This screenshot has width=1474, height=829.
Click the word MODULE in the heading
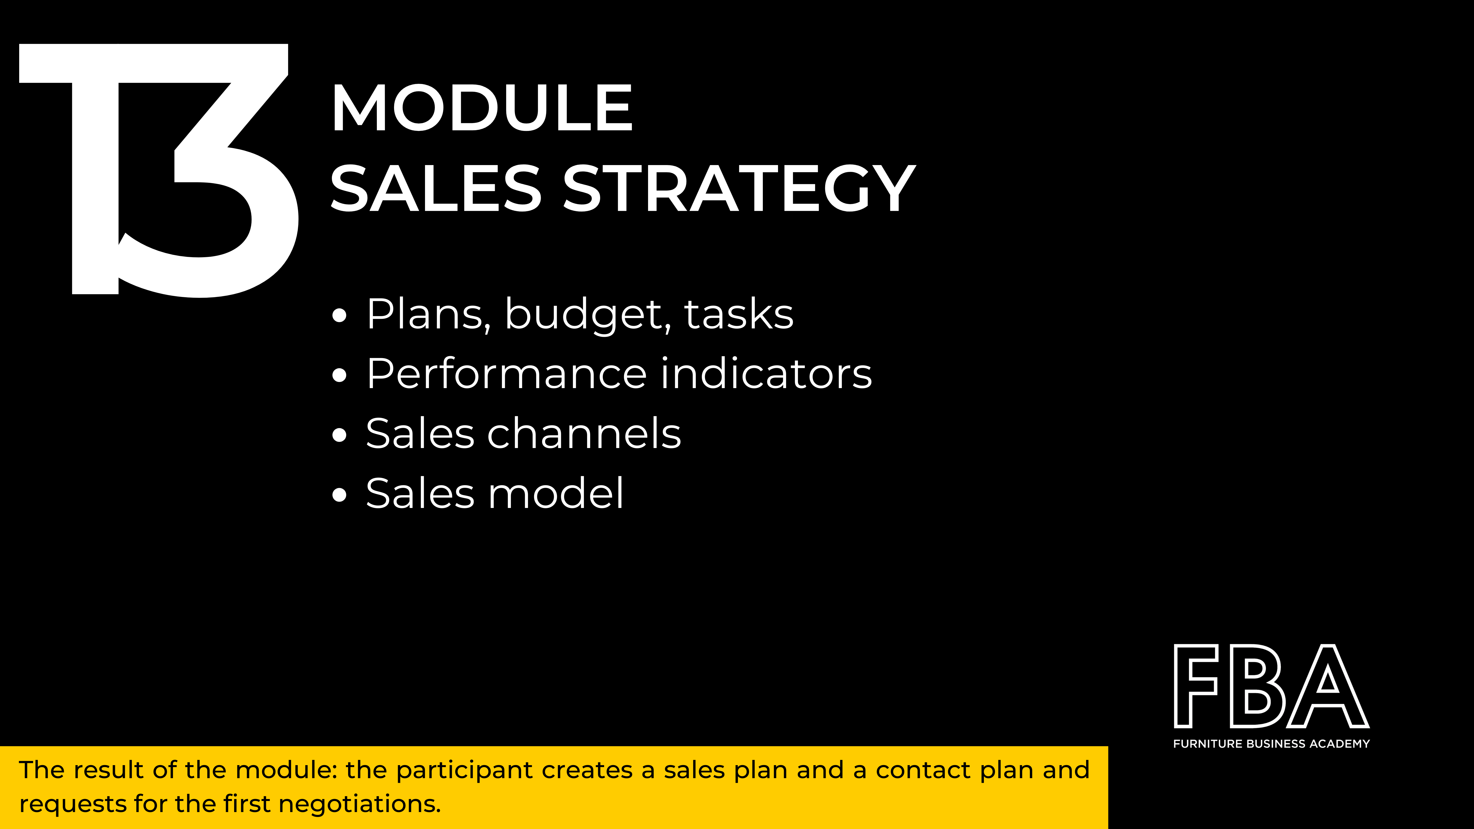click(482, 108)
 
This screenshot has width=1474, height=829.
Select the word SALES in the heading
click(436, 188)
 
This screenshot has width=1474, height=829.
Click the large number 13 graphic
click(159, 170)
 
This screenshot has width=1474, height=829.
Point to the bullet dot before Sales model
click(339, 495)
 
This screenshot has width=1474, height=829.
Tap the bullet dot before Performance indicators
click(339, 375)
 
